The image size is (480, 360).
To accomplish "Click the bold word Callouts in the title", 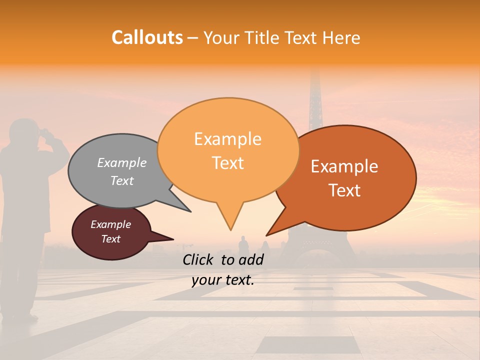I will [x=147, y=37].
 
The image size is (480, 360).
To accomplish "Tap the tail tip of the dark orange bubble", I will [x=267, y=235].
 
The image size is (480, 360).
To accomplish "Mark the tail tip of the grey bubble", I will [x=190, y=211].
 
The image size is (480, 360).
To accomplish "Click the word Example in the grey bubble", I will [x=122, y=163].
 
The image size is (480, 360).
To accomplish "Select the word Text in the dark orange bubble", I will [x=344, y=190].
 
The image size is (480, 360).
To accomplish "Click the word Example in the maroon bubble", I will [x=110, y=224].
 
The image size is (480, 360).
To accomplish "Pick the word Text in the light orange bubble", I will [x=228, y=163].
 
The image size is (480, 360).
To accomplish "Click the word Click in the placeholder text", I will [x=198, y=259].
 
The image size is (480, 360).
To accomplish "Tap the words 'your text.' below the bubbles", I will [x=223, y=280].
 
